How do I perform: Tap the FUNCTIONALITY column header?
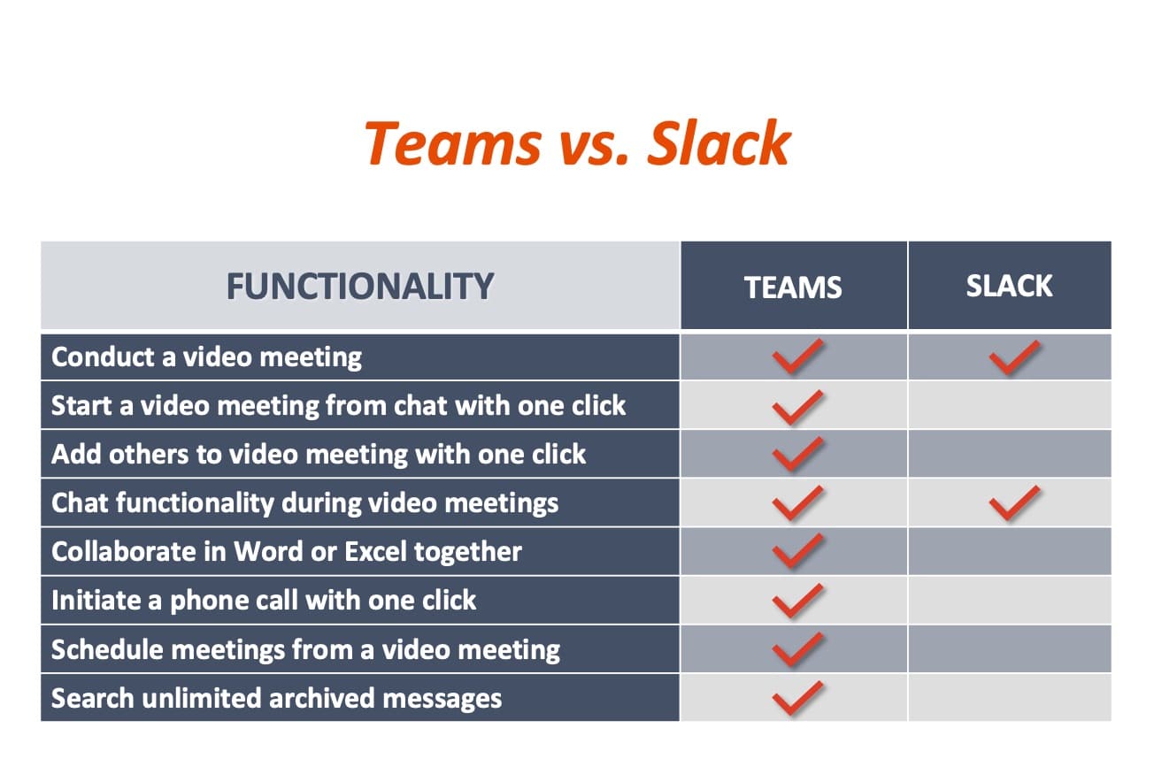point(360,287)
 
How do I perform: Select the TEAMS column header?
point(793,287)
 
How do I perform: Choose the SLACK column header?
point(1009,286)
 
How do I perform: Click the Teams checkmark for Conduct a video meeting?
point(798,356)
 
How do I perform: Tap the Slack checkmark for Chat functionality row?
point(1015,502)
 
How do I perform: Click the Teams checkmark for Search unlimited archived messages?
point(798,698)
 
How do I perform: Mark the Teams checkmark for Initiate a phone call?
point(798,601)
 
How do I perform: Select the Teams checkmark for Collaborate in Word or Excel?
point(798,551)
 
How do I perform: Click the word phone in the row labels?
point(205,602)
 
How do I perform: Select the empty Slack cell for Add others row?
point(1010,454)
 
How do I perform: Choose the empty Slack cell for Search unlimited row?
point(1010,698)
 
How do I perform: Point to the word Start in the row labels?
point(81,405)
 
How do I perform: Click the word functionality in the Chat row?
point(196,503)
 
